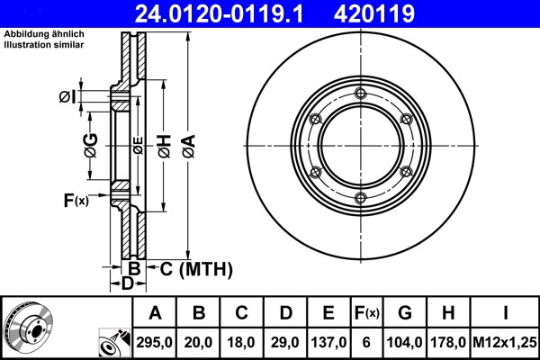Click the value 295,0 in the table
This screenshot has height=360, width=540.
pyautogui.click(x=155, y=342)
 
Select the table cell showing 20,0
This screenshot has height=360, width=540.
pyautogui.click(x=199, y=342)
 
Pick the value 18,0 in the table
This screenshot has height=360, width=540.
pyautogui.click(x=242, y=342)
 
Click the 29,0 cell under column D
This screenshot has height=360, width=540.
pyautogui.click(x=285, y=342)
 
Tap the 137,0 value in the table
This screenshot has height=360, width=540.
pyautogui.click(x=328, y=342)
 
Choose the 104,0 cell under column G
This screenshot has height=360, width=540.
pyautogui.click(x=406, y=342)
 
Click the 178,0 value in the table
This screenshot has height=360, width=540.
pyautogui.click(x=448, y=342)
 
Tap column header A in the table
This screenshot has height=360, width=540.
pyautogui.click(x=155, y=313)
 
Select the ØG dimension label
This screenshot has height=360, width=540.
pyautogui.click(x=90, y=145)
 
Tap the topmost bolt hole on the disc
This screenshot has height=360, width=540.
pyautogui.click(x=361, y=94)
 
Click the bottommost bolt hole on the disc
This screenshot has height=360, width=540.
pyautogui.click(x=361, y=198)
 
